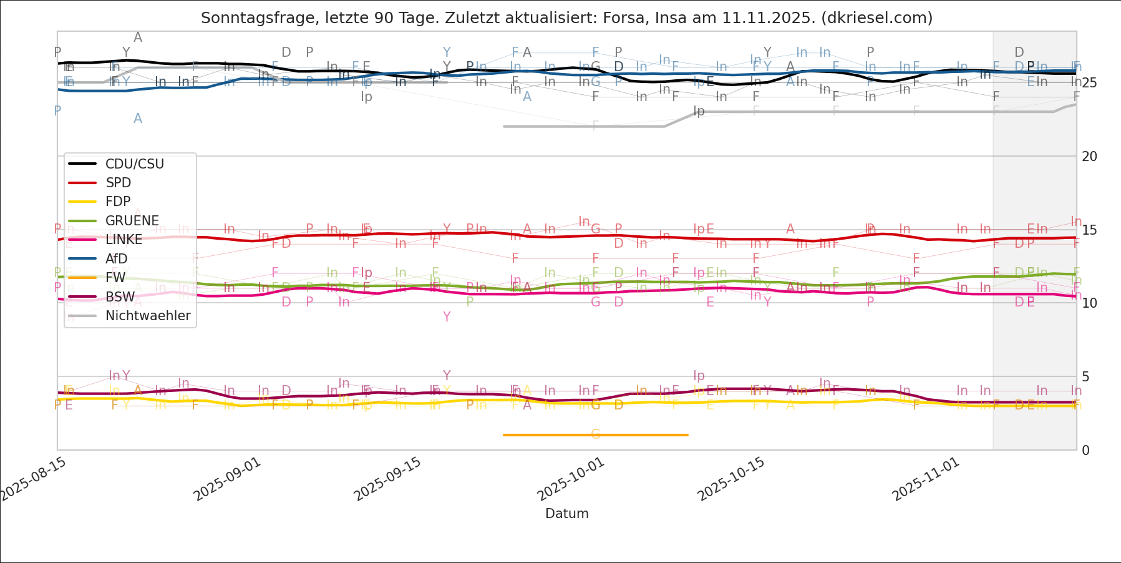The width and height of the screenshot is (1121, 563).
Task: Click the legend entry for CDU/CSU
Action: pyautogui.click(x=134, y=164)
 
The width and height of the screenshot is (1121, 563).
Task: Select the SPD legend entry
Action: pyautogui.click(x=118, y=183)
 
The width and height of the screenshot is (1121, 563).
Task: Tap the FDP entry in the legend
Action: pyautogui.click(x=118, y=202)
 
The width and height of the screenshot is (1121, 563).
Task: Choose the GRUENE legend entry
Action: pyautogui.click(x=132, y=221)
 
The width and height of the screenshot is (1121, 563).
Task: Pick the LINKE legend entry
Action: pyautogui.click(x=124, y=240)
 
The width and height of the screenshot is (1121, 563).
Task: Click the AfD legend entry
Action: pyautogui.click(x=116, y=259)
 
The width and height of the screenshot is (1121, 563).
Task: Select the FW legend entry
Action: pyautogui.click(x=115, y=278)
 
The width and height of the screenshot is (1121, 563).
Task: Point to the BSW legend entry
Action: pyautogui.click(x=120, y=297)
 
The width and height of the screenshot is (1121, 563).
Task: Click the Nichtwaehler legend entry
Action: pyautogui.click(x=147, y=316)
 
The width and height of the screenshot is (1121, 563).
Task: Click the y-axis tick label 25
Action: pyautogui.click(x=1089, y=83)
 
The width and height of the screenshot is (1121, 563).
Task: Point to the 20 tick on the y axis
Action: pyautogui.click(x=1089, y=157)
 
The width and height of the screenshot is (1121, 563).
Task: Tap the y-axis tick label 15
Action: pyautogui.click(x=1089, y=230)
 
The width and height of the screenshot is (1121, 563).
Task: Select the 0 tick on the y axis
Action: pyautogui.click(x=1085, y=451)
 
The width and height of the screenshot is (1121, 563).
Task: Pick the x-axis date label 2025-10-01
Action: pyautogui.click(x=571, y=479)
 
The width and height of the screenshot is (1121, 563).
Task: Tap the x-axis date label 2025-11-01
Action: pyautogui.click(x=925, y=479)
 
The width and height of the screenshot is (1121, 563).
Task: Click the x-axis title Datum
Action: pyautogui.click(x=566, y=514)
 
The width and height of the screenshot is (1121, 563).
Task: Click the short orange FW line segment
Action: pyautogui.click(x=596, y=434)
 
